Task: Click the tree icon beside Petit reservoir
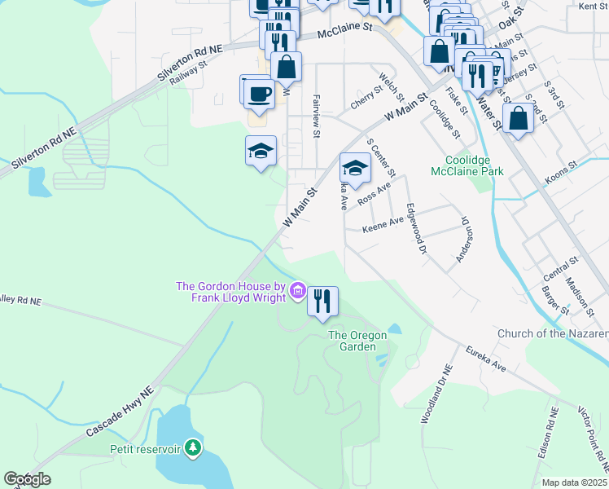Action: [193, 447]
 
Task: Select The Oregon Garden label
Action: [362, 341]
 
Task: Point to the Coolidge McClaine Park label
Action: [474, 165]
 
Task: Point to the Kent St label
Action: [592, 7]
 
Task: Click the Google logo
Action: [26, 479]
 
